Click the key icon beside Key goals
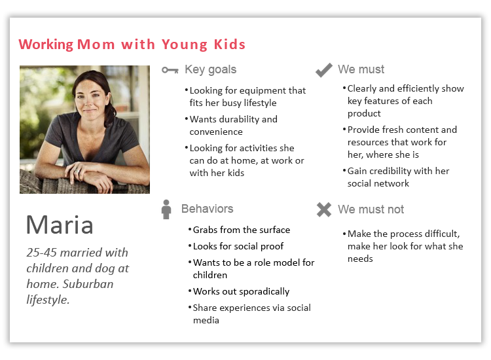(x=170, y=70)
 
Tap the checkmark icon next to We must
(x=324, y=70)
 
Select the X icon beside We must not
(x=324, y=209)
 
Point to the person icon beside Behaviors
(x=166, y=209)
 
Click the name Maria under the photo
(x=60, y=225)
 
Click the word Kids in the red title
(x=230, y=45)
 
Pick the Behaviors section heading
(x=208, y=209)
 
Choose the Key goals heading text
(x=210, y=69)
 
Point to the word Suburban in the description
(x=88, y=284)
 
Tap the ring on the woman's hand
(x=77, y=171)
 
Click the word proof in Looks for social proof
(x=272, y=247)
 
